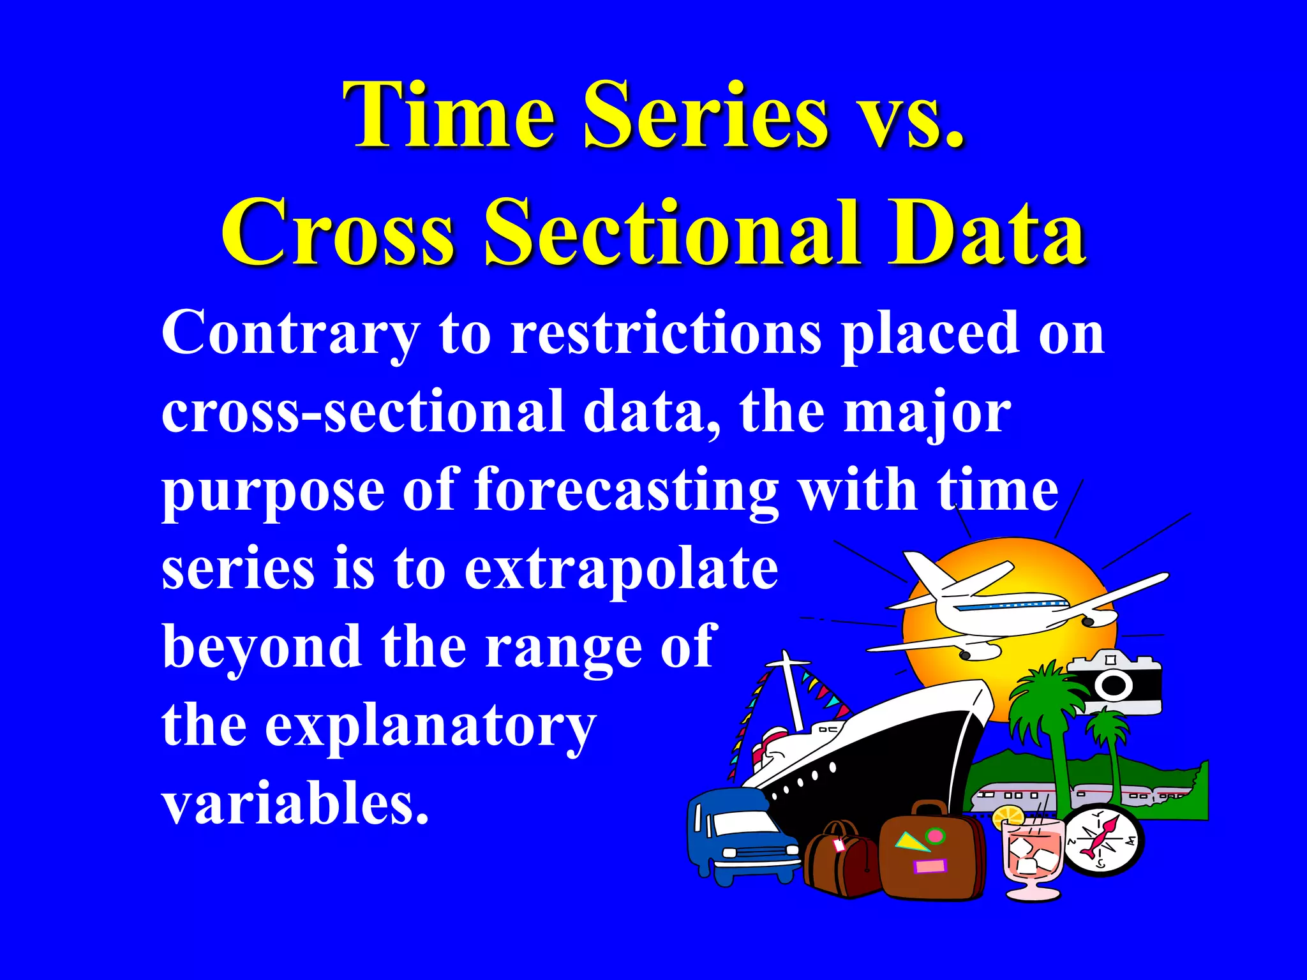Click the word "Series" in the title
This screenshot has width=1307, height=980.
coord(706,116)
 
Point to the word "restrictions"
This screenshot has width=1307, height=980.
coord(666,333)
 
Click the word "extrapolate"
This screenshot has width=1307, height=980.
coord(620,569)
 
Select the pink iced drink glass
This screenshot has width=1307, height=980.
coord(1031,855)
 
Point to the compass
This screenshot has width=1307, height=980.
coord(1103,841)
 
